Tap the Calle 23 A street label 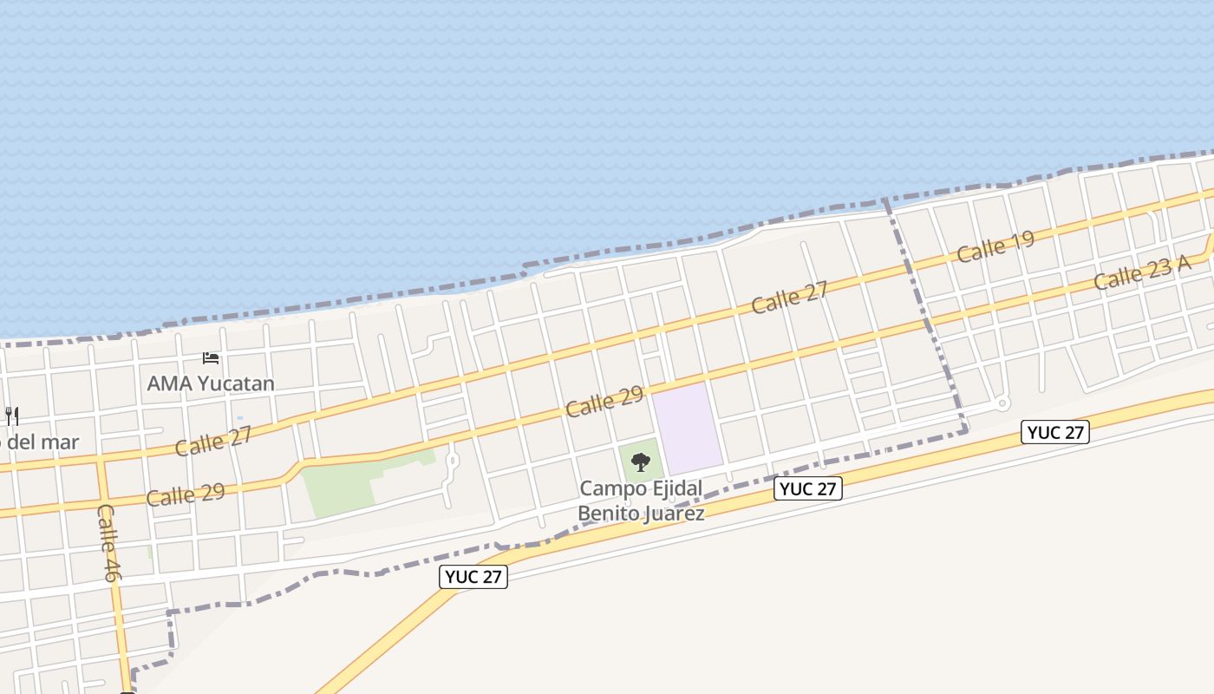click(1141, 272)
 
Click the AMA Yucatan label click(211, 383)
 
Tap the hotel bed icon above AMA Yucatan click(211, 357)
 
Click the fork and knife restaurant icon click(11, 416)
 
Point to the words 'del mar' click(43, 442)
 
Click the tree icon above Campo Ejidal click(641, 462)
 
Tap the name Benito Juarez click(641, 513)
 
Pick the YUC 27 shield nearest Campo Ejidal click(807, 488)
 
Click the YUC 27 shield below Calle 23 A click(1054, 432)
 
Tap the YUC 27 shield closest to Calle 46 click(473, 576)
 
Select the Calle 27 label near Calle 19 click(789, 297)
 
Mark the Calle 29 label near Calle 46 click(186, 495)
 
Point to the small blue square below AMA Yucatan click(240, 419)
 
